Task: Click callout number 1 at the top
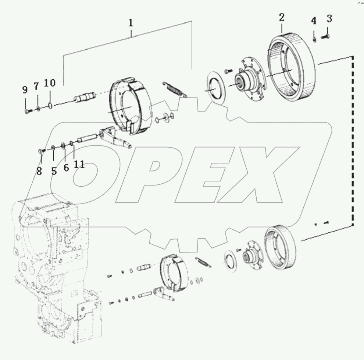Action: [x=131, y=22]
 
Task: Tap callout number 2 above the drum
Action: [x=281, y=17]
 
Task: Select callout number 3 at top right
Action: [x=329, y=18]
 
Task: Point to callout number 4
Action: [x=314, y=21]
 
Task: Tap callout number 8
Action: [x=39, y=171]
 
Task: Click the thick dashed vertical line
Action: [x=353, y=140]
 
